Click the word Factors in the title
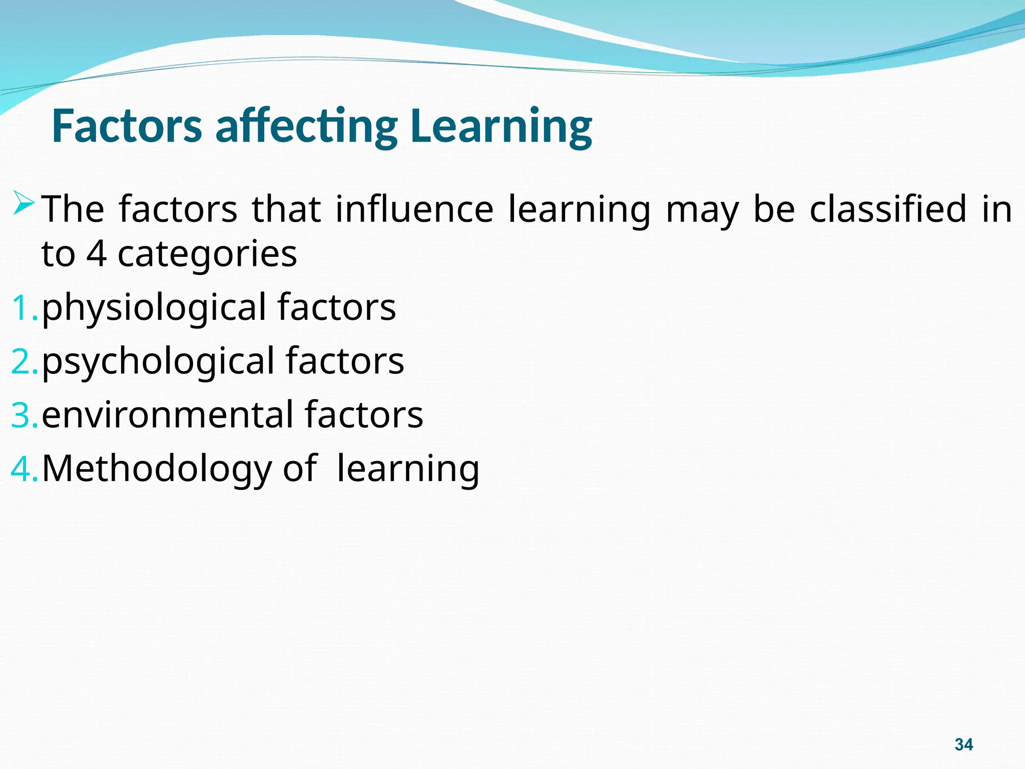tap(127, 126)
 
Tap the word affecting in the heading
tap(306, 126)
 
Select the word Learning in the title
tap(500, 126)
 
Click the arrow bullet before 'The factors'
tap(24, 203)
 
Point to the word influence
tap(414, 209)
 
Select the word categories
tap(207, 254)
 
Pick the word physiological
tap(154, 308)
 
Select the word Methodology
tap(156, 469)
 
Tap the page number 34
tap(963, 744)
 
